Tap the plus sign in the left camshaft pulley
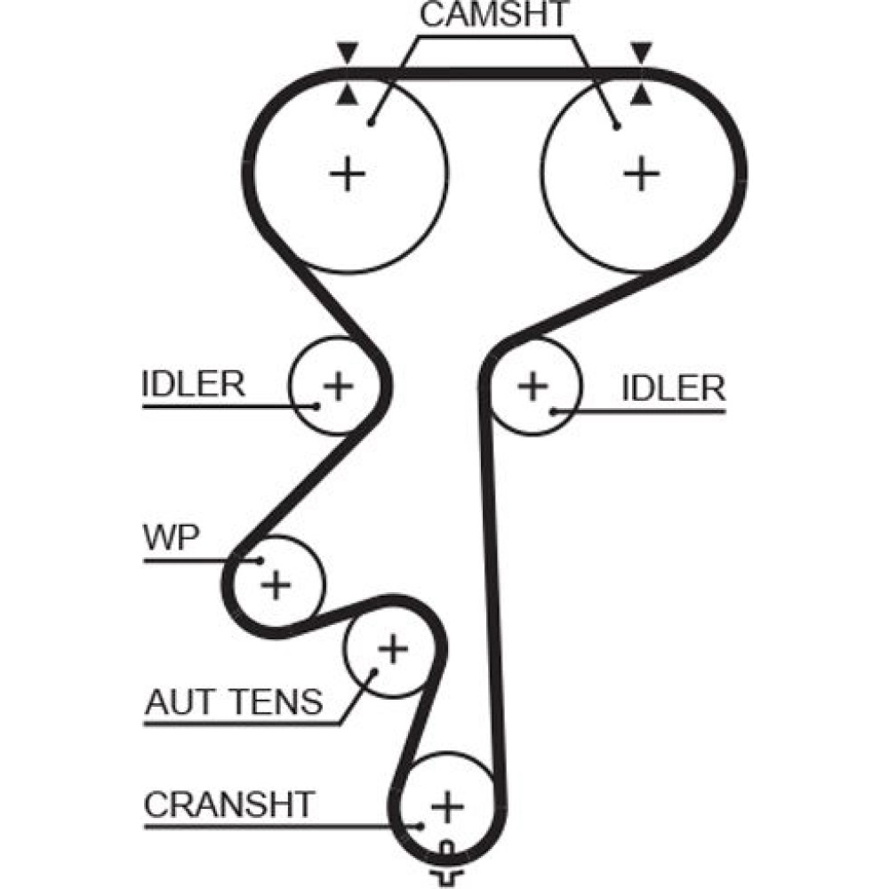click(x=348, y=173)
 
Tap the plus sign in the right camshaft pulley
click(x=640, y=173)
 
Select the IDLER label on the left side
click(x=193, y=384)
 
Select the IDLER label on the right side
click(x=673, y=388)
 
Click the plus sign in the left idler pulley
click(x=338, y=386)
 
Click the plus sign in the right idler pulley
click(x=533, y=386)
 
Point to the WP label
click(x=172, y=539)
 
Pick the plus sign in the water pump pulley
click(x=276, y=584)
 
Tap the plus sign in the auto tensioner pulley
click(x=391, y=651)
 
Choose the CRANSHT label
click(x=229, y=805)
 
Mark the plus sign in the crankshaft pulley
click(x=447, y=806)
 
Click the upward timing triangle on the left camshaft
click(x=347, y=94)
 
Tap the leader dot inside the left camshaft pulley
click(x=372, y=121)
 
